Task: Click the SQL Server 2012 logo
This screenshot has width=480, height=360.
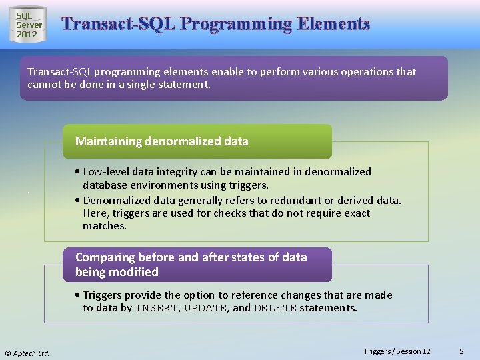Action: coord(28,25)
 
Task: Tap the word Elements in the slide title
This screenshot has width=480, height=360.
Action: coord(333,24)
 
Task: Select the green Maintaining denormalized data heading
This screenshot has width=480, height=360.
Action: coord(162,141)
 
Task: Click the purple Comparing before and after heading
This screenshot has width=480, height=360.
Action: coord(191,264)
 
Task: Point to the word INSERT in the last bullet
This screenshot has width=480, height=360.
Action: coord(157,308)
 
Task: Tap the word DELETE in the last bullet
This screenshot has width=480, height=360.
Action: coord(275,308)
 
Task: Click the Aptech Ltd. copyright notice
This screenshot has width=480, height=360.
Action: coord(27,353)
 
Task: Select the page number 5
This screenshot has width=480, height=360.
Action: coord(462,351)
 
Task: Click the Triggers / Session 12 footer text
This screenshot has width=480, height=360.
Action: coord(397,351)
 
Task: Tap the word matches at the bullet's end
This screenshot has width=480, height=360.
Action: coord(104,226)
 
